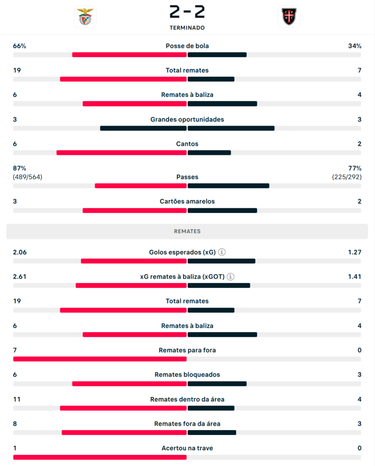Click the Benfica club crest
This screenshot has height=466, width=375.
pyautogui.click(x=85, y=17)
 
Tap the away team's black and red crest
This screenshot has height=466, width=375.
pyautogui.click(x=289, y=17)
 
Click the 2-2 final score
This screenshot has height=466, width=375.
pyautogui.click(x=187, y=11)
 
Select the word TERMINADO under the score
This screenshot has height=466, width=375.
pyautogui.click(x=187, y=28)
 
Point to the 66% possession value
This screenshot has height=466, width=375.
pyautogui.click(x=19, y=46)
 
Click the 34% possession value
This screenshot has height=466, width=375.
pyautogui.click(x=355, y=46)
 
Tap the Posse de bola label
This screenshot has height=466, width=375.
pyautogui.click(x=187, y=46)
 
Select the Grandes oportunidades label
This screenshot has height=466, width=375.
pyautogui.click(x=187, y=119)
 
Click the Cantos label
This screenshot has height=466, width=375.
pyautogui.click(x=187, y=144)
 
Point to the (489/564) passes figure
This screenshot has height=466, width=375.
pyautogui.click(x=28, y=177)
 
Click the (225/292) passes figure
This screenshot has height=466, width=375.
pyautogui.click(x=347, y=177)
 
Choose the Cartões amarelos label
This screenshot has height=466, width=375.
pyautogui.click(x=187, y=201)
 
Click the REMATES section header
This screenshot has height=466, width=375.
pyautogui.click(x=187, y=232)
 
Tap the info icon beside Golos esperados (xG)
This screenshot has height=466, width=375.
pyautogui.click(x=222, y=252)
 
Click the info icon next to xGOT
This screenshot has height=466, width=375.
pyautogui.click(x=230, y=277)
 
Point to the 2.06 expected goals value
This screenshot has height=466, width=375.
pyautogui.click(x=20, y=252)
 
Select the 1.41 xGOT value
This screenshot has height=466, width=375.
pyautogui.click(x=354, y=277)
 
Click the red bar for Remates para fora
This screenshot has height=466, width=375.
pyautogui.click(x=100, y=359)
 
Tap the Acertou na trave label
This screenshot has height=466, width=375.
pyautogui.click(x=187, y=448)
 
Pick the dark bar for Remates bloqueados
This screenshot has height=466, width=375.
pyautogui.click(x=217, y=383)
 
